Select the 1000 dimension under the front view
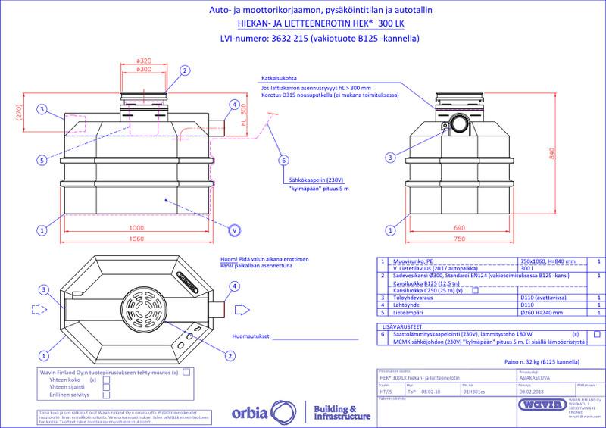pos(136,228)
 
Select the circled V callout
pos(234,230)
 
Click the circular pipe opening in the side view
pos(459,123)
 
